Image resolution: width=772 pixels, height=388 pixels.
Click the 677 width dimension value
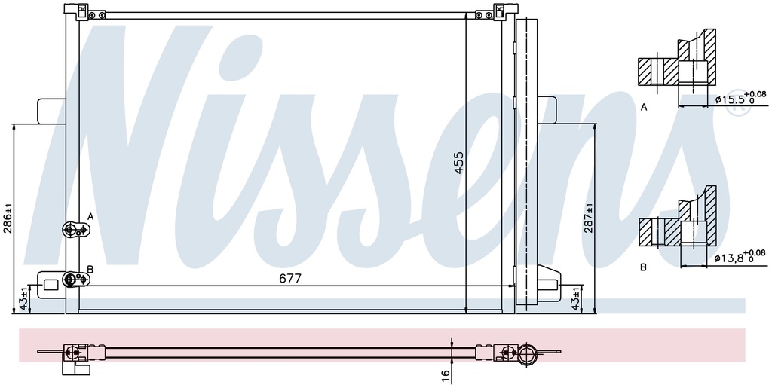[x=290, y=278]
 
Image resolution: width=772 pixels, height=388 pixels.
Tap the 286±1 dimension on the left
[x=8, y=218]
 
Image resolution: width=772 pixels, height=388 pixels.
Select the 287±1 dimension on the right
[x=588, y=218]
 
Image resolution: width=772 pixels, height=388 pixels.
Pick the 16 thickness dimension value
[x=446, y=373]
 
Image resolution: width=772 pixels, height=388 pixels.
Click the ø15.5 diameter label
[x=728, y=99]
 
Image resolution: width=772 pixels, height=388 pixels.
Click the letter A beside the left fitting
[x=90, y=217]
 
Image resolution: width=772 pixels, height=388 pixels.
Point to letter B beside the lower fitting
[x=90, y=269]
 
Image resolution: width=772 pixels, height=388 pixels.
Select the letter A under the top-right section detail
[x=644, y=108]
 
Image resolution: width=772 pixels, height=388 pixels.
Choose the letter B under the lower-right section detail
[x=644, y=267]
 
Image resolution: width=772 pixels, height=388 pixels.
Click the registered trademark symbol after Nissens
[x=737, y=108]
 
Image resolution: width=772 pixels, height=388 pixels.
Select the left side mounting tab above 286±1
[x=50, y=110]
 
